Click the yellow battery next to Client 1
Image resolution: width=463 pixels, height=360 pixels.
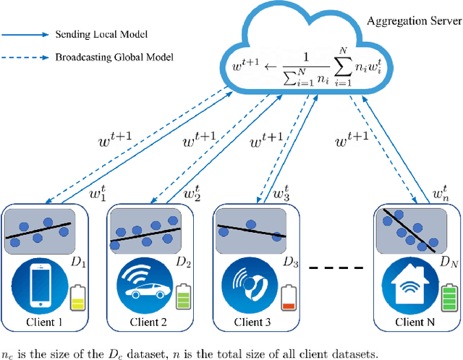pyautogui.click(x=77, y=298)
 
